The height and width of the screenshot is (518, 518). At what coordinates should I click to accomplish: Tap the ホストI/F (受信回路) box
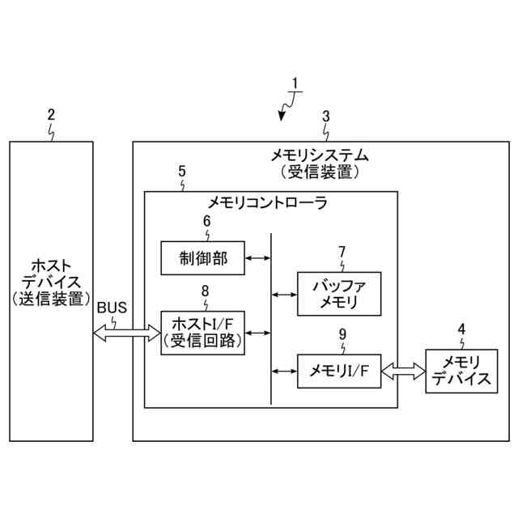pyautogui.click(x=202, y=332)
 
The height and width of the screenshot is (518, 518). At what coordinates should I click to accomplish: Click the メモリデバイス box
pyautogui.click(x=461, y=371)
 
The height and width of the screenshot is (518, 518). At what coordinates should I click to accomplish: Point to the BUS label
pyautogui.click(x=113, y=308)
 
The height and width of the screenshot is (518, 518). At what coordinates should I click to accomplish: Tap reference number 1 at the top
pyautogui.click(x=295, y=83)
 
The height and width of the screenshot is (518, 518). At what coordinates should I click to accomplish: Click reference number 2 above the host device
pyautogui.click(x=51, y=115)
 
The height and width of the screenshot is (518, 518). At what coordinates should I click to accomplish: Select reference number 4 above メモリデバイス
pyautogui.click(x=461, y=329)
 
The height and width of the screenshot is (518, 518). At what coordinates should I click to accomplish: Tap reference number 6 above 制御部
pyautogui.click(x=206, y=220)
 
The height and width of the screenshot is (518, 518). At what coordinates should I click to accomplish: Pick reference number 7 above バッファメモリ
pyautogui.click(x=342, y=252)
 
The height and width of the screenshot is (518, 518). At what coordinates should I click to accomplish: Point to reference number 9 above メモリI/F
pyautogui.click(x=341, y=333)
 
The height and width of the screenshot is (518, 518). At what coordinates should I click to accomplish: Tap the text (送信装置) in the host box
pyautogui.click(x=50, y=299)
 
